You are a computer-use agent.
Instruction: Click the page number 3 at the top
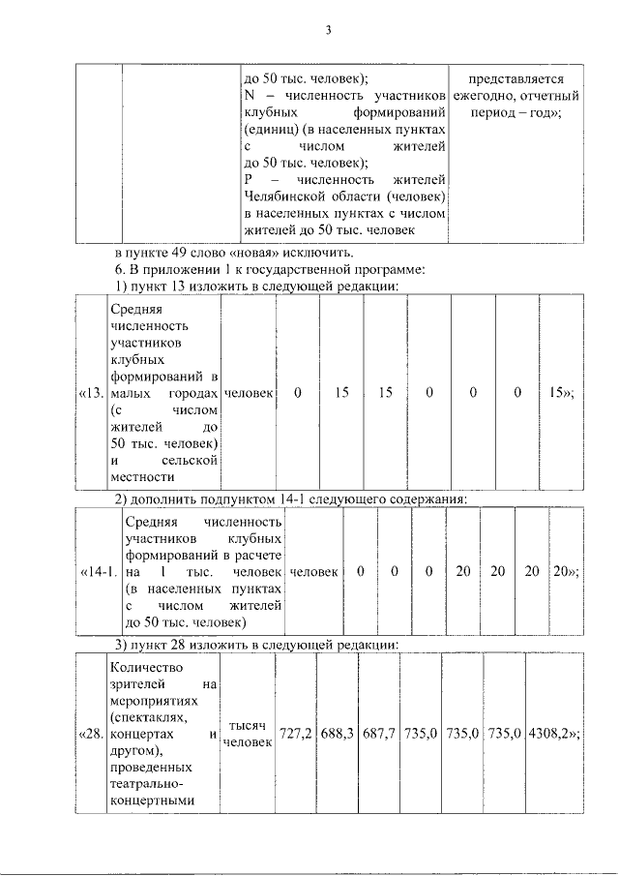[328, 31]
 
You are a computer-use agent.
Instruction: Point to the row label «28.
[89, 734]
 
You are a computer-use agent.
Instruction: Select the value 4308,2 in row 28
[553, 734]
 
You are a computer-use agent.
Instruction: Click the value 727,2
[295, 734]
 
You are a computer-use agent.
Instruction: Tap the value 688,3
[338, 734]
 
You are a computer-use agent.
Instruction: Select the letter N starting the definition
[250, 96]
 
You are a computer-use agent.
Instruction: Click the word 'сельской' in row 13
[190, 460]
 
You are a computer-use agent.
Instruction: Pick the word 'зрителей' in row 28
[137, 684]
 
